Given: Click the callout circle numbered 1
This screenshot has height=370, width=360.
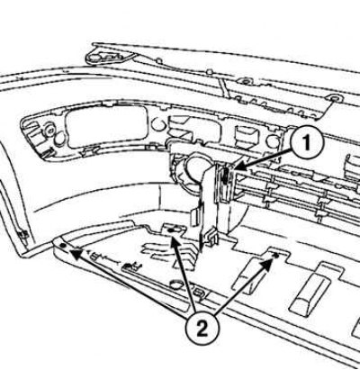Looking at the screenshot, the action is pyautogui.click(x=307, y=143).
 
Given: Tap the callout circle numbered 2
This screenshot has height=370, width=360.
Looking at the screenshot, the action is pyautogui.click(x=202, y=329).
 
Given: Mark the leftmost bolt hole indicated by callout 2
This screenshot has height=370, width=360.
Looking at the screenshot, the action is pyautogui.click(x=63, y=246).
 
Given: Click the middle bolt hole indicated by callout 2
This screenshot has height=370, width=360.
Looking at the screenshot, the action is pyautogui.click(x=172, y=230).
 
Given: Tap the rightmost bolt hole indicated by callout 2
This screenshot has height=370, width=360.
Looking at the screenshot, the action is pyautogui.click(x=276, y=255).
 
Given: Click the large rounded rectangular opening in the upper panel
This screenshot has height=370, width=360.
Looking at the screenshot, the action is pyautogui.click(x=107, y=127).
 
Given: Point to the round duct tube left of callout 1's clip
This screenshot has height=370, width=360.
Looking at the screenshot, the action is pyautogui.click(x=193, y=168).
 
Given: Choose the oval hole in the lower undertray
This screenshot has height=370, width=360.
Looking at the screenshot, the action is pyautogui.click(x=176, y=284).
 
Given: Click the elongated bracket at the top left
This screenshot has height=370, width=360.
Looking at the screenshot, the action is pyautogui.click(x=110, y=57).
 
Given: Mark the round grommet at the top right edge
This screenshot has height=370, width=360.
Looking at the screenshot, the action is pyautogui.click(x=333, y=97).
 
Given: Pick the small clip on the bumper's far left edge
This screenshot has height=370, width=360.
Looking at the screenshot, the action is pyautogui.click(x=23, y=234).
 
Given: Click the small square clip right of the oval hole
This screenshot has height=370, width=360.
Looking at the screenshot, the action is pyautogui.click(x=198, y=293).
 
